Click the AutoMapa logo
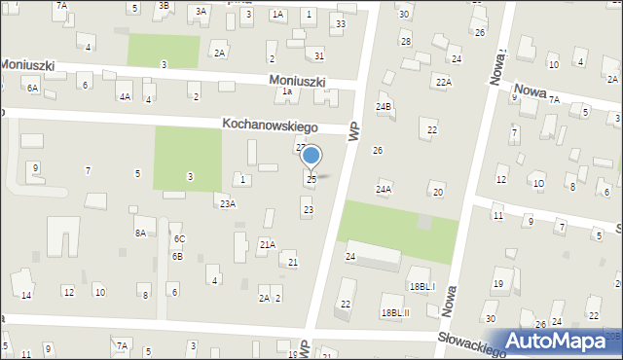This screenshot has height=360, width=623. pos(558,341)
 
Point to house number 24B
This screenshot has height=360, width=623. pos(385,106)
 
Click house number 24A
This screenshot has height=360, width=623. pos(384,189)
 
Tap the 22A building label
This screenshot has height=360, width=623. pos(444,83)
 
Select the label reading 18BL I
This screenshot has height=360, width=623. pos(421,287)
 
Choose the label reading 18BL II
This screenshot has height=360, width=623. pos(395,312)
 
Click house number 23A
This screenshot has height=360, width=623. pos(227,203)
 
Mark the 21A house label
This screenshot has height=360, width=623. pos(267,245)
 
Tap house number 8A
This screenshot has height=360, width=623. pos(140,233)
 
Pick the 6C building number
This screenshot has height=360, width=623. pos(179,238)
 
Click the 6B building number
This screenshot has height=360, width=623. pos(177,256)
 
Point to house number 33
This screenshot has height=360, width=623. pos(340,23)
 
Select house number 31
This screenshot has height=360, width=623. pos(315,55)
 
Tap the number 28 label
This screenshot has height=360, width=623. pos(405,41)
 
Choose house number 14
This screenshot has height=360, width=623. pos(27,295)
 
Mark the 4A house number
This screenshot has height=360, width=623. pos(125,97)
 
